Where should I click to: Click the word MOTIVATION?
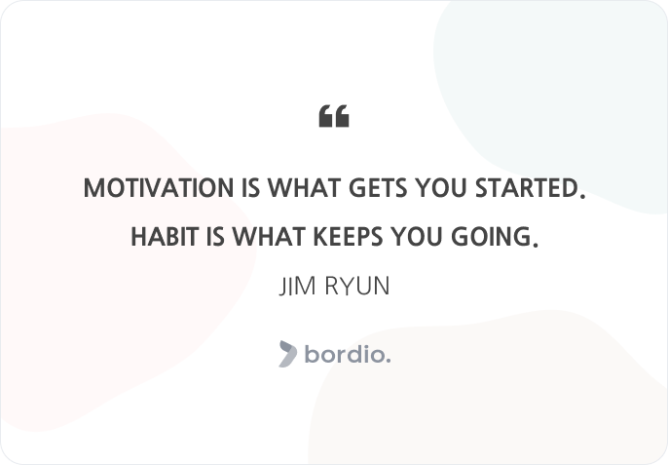click(x=159, y=188)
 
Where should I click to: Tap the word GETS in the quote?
click(x=378, y=188)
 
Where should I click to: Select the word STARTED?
click(x=528, y=188)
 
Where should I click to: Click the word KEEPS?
click(x=348, y=236)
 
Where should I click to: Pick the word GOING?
click(x=491, y=236)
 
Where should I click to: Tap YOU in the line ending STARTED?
click(x=441, y=188)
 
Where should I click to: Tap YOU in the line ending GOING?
click(x=417, y=236)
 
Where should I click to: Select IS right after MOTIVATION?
click(x=250, y=188)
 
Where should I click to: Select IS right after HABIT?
click(x=215, y=236)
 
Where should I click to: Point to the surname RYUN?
click(x=357, y=286)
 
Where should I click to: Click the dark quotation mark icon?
click(x=334, y=116)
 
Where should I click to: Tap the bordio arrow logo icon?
click(x=288, y=354)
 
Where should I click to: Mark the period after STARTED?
click(x=582, y=195)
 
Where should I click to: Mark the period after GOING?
click(x=536, y=244)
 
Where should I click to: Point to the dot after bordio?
click(x=388, y=361)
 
